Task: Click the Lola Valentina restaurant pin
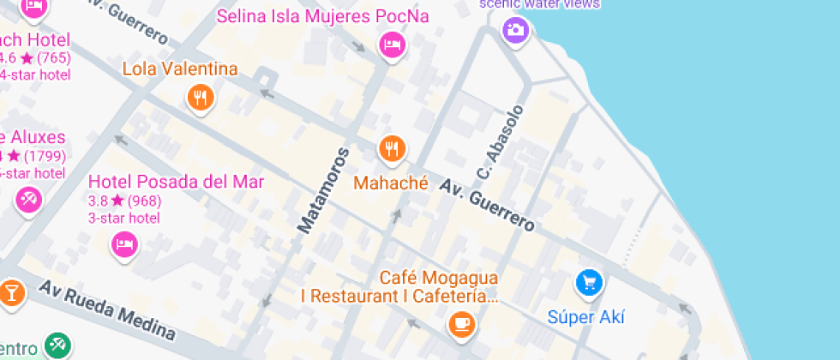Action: [200, 97]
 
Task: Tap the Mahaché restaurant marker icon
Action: [392, 149]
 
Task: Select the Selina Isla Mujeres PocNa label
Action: [322, 16]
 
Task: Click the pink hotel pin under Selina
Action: [391, 45]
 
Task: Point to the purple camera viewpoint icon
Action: [515, 30]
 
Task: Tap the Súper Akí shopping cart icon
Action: [588, 282]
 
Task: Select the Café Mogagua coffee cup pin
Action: [462, 323]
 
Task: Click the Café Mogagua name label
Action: [440, 279]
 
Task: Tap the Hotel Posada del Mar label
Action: [177, 182]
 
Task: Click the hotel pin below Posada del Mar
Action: [125, 244]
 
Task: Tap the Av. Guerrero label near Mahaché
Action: [488, 206]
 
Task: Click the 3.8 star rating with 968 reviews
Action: [125, 201]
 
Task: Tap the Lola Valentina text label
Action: [180, 69]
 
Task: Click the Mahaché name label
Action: [390, 182]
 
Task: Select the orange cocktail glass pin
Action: [10, 291]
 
